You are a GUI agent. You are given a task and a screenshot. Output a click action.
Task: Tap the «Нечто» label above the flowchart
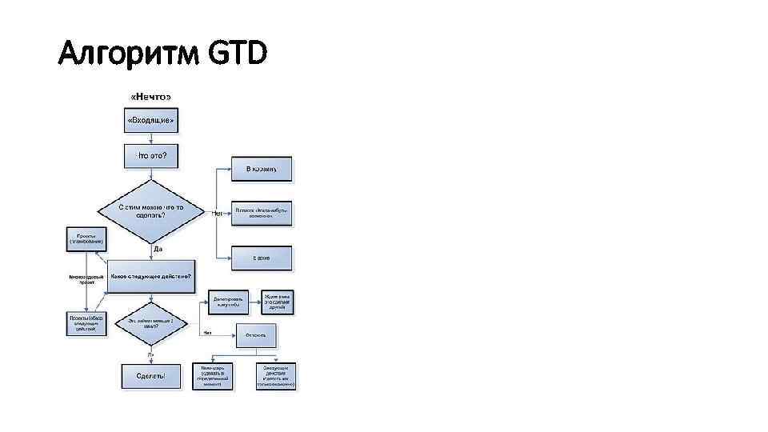[150, 97]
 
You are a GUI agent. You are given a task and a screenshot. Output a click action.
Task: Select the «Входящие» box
[150, 122]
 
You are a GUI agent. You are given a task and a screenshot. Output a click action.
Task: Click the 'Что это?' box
[150, 156]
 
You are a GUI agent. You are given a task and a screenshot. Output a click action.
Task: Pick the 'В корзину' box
[262, 169]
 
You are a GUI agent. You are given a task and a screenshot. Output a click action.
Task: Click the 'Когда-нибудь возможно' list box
[262, 212]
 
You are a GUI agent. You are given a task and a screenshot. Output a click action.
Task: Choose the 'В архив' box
[262, 258]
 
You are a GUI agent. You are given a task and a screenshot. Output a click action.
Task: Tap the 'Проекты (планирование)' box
[85, 238]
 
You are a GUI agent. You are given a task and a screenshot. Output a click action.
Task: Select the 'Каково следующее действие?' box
[150, 276]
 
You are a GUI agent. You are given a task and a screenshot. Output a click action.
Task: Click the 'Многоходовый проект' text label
[86, 278]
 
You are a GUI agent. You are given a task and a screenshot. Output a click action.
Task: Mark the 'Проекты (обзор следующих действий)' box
[86, 322]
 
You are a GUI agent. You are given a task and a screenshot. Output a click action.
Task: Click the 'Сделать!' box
[150, 376]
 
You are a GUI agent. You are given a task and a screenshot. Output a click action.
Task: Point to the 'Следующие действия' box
[277, 375]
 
